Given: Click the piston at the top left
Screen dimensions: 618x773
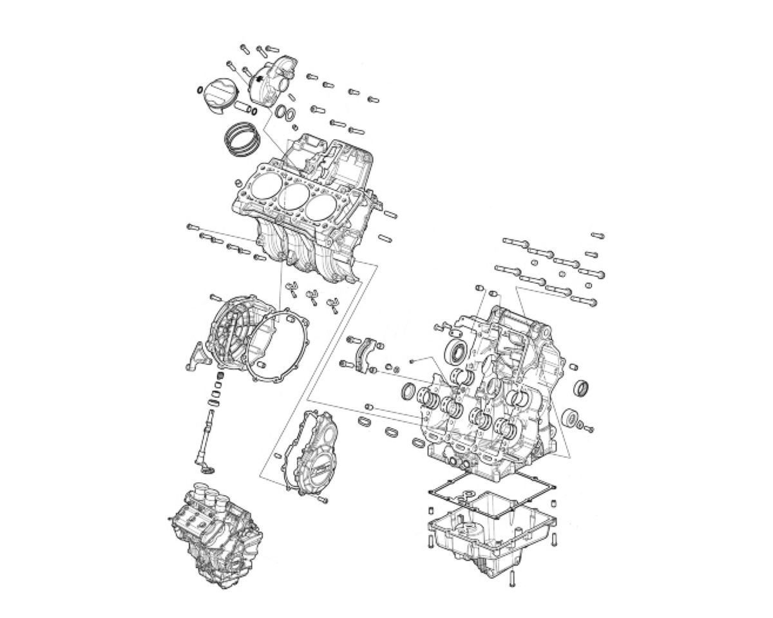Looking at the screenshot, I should tap(220, 97).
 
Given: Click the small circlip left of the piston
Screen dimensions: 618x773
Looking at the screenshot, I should tap(200, 89).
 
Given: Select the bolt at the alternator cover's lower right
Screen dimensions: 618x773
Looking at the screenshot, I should tap(322, 500).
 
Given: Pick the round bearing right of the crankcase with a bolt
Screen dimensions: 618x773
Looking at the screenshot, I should tap(571, 418).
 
